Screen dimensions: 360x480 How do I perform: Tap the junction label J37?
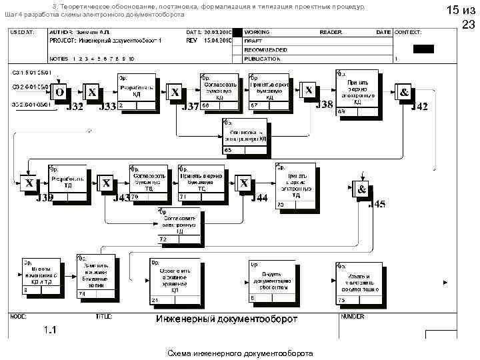point(190,107)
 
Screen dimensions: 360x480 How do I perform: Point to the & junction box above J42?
point(404,92)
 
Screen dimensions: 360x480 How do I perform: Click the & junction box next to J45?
point(361,189)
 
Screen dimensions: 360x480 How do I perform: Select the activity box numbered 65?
point(245,136)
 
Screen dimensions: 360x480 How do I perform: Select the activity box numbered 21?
point(169,281)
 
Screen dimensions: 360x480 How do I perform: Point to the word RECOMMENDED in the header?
point(265,50)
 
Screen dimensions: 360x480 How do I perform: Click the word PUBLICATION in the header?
point(262,59)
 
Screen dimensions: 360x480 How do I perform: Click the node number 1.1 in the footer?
point(50,330)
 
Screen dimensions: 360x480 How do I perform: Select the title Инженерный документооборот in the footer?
point(227,319)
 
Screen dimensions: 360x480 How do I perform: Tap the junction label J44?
point(259,198)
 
